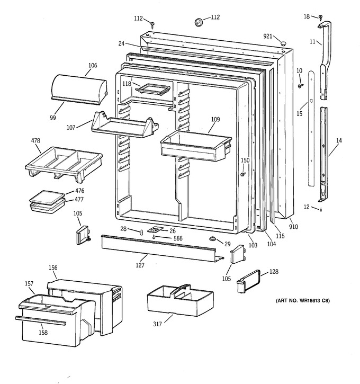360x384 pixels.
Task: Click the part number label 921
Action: [x=268, y=36]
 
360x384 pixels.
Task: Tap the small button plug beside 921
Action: [x=283, y=44]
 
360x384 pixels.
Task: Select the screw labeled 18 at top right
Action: [x=321, y=17]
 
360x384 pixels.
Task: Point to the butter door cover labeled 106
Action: [x=79, y=90]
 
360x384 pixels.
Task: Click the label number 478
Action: [x=35, y=140]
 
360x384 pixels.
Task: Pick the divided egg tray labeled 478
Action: [x=64, y=164]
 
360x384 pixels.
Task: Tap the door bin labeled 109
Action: [x=196, y=146]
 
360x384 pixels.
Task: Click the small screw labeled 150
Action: [x=243, y=174]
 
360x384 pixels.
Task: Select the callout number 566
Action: [x=178, y=238]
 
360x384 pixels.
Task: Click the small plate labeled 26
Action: [x=155, y=229]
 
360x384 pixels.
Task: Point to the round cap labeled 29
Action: [x=212, y=238]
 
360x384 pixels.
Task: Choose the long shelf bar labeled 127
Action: [x=162, y=248]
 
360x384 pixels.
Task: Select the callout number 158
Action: [x=43, y=332]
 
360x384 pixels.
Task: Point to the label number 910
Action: [x=293, y=227]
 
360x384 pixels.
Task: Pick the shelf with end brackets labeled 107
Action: [x=125, y=125]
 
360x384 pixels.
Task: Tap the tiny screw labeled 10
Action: [x=300, y=86]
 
